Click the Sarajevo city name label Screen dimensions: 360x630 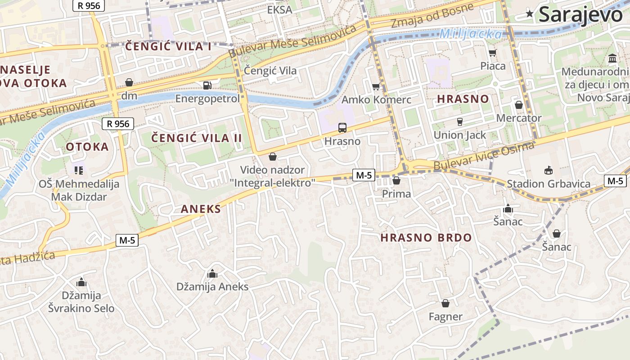(x=580, y=14)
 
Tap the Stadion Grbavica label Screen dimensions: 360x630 (x=549, y=184)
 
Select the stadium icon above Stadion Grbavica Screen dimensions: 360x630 (x=548, y=171)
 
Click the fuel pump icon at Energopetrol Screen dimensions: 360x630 (x=207, y=85)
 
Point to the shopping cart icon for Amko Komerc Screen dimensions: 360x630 (x=376, y=86)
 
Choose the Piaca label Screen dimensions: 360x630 (x=493, y=66)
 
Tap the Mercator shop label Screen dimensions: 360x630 (x=519, y=118)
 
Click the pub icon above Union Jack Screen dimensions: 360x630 (x=459, y=121)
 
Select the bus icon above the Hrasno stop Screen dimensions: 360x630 (x=342, y=128)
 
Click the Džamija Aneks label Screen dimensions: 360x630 (x=212, y=287)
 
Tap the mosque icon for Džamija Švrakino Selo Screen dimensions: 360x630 (x=81, y=283)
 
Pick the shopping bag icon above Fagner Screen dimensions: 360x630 (x=445, y=303)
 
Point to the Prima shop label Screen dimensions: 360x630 (x=396, y=193)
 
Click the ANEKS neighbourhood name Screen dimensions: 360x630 (x=201, y=209)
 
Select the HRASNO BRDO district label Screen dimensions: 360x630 (x=426, y=238)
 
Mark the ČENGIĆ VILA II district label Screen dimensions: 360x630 (x=196, y=138)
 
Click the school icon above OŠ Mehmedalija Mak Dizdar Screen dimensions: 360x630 (x=79, y=170)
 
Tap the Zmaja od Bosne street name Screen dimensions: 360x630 (x=432, y=15)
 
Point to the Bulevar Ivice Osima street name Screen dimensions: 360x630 (x=484, y=156)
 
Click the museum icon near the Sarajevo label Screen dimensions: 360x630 (x=612, y=58)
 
